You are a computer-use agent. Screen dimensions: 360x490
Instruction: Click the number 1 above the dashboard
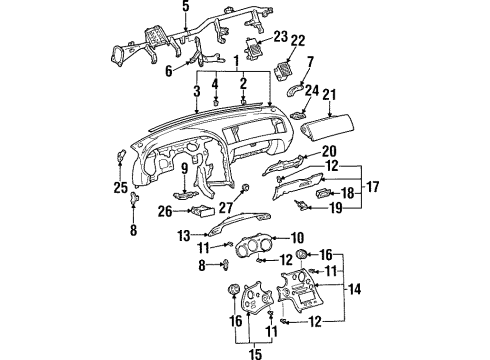(x=236, y=61)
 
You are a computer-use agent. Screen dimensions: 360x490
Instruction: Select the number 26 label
(x=164, y=210)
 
